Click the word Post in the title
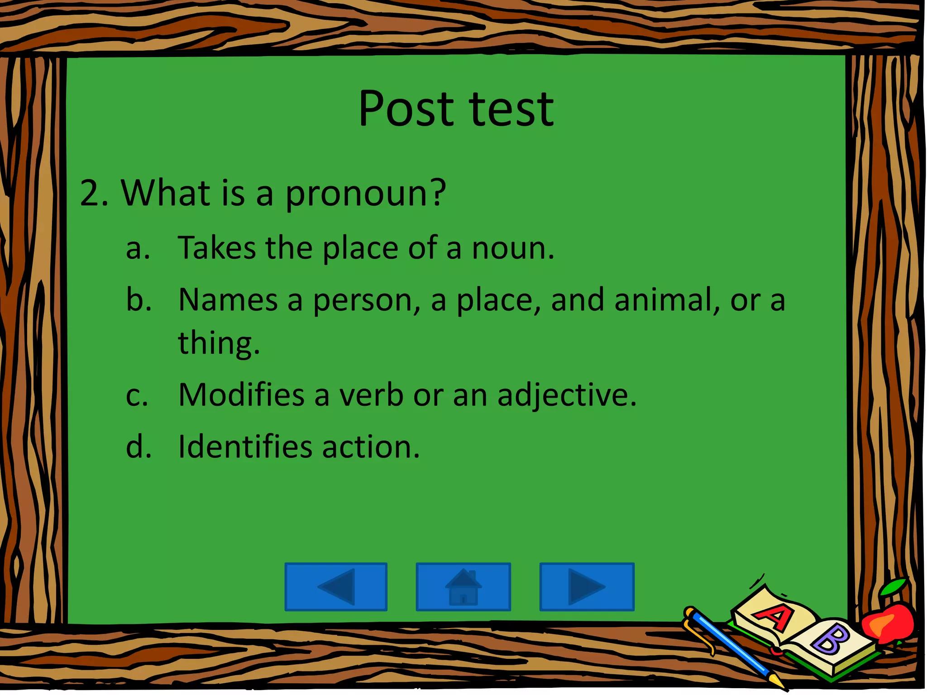(x=406, y=109)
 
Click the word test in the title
(x=511, y=109)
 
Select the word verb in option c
(x=371, y=395)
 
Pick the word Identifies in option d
(x=245, y=447)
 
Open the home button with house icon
(x=463, y=587)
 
